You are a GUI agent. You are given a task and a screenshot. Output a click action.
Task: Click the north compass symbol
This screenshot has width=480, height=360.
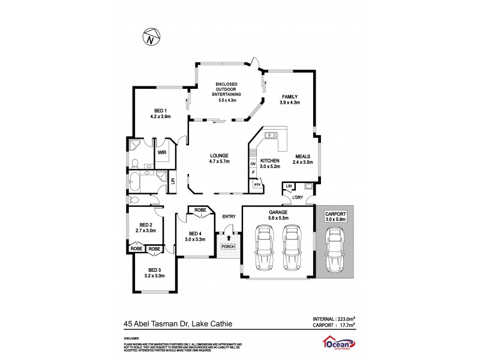pyautogui.click(x=151, y=37)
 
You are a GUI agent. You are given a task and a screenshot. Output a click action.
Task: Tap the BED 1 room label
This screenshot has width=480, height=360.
pyautogui.click(x=160, y=110)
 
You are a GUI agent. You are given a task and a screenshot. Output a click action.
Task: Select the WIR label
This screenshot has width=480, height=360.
pyautogui.click(x=161, y=152)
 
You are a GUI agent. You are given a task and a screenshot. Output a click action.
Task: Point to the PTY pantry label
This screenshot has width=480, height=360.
pyautogui.click(x=257, y=185)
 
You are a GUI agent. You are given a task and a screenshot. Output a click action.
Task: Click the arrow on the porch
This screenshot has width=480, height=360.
pyautogui.click(x=228, y=239)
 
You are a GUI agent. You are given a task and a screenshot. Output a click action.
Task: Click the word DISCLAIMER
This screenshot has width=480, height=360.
pyautogui.click(x=131, y=338)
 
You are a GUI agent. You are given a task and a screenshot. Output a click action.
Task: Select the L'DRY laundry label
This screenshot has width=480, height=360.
pyautogui.click(x=298, y=197)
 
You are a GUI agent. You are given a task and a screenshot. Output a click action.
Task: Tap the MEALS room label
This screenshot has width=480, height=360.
pyautogui.click(x=302, y=158)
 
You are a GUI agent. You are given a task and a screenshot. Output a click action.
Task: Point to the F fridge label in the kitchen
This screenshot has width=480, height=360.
pyautogui.click(x=253, y=172)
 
